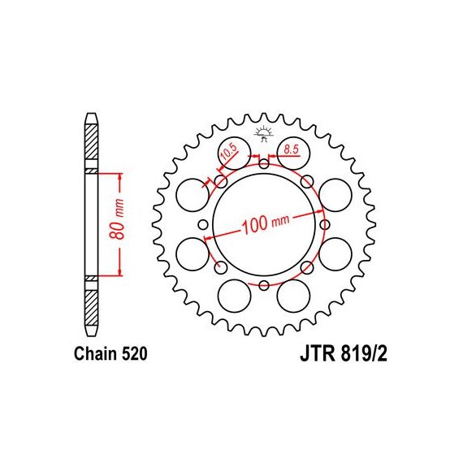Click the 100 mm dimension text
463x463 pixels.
tap(266, 224)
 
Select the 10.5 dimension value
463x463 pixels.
tap(229, 152)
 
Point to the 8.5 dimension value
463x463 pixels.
tap(291, 149)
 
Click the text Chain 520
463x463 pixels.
tap(110, 353)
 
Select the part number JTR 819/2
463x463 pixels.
tap(344, 353)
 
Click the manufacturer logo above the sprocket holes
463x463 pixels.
tap(264, 133)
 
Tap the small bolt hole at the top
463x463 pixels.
tap(264, 163)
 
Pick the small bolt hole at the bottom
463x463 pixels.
tap(264, 285)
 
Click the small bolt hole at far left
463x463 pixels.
tap(203, 224)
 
